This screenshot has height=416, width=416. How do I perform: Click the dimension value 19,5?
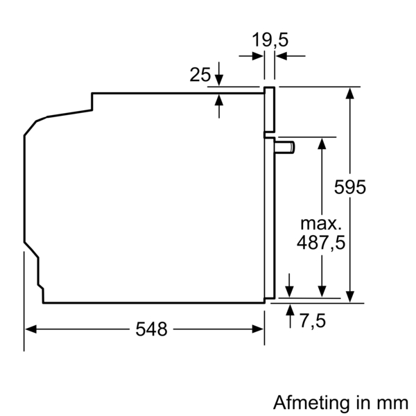pyautogui.click(x=269, y=40)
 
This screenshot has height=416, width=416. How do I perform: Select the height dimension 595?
pyautogui.click(x=349, y=187)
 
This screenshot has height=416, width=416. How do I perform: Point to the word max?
pyautogui.click(x=321, y=224)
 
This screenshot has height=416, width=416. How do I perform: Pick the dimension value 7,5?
pyautogui.click(x=313, y=321)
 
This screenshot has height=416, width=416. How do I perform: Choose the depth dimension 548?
pyautogui.click(x=151, y=329)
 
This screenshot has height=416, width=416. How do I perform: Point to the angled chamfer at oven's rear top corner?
pyautogui.click(x=31, y=128)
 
